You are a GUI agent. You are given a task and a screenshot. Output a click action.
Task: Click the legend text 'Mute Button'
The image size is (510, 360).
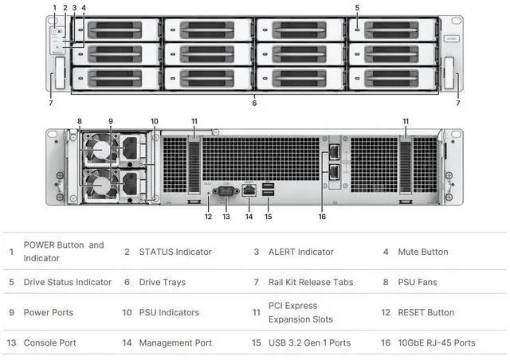(422, 252)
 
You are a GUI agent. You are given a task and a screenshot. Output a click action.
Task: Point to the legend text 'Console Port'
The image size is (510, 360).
(49, 342)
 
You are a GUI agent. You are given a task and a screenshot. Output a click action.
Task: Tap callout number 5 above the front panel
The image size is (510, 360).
(357, 7)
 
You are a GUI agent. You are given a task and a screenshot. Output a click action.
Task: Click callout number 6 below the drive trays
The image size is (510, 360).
(254, 103)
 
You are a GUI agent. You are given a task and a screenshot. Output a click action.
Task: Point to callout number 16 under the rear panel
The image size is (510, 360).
(322, 216)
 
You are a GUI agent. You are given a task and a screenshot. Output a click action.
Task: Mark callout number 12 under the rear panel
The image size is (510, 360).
(207, 216)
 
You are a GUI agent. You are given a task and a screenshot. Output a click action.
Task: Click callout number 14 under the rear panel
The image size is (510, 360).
(249, 216)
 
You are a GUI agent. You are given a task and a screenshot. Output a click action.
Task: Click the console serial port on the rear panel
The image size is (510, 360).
(225, 190)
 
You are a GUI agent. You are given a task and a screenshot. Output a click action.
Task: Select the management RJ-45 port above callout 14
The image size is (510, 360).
(249, 190)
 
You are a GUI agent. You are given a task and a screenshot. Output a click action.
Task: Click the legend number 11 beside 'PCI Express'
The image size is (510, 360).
(257, 312)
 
